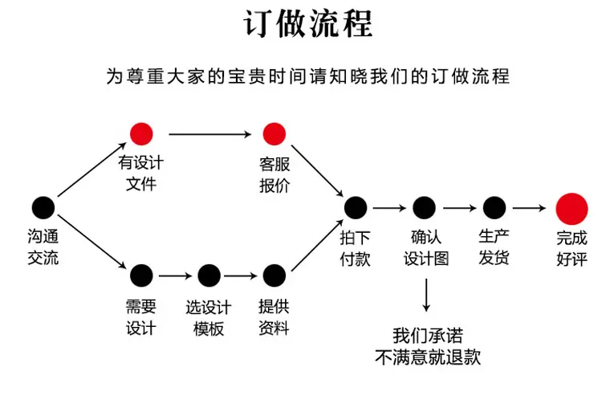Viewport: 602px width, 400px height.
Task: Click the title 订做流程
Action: (x=308, y=24)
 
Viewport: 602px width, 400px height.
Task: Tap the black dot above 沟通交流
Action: (x=43, y=208)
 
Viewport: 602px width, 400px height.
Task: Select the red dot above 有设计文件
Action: (x=141, y=134)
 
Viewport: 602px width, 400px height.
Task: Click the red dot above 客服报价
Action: (x=275, y=134)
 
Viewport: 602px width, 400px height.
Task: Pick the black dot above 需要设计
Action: (x=141, y=276)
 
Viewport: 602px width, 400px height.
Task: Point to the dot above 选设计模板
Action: (x=209, y=276)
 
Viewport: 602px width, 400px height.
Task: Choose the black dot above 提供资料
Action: (x=275, y=276)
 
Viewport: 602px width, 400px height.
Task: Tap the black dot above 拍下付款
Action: (x=356, y=208)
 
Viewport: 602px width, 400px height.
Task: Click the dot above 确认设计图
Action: (x=424, y=208)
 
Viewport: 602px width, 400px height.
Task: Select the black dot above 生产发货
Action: (x=494, y=208)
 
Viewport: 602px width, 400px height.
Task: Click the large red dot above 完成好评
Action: (x=571, y=209)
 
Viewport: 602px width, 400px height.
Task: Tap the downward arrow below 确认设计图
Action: (x=426, y=295)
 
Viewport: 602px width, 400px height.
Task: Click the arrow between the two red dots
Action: (x=210, y=134)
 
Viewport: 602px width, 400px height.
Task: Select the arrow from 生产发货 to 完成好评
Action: (x=529, y=208)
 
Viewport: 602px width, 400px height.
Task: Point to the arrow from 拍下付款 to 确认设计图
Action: (x=389, y=208)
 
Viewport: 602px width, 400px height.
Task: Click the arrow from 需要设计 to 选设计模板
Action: (x=175, y=276)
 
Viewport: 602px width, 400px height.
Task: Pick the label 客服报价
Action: (x=275, y=175)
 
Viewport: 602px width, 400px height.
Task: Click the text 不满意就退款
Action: (x=428, y=357)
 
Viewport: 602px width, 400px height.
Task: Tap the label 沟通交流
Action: (x=43, y=247)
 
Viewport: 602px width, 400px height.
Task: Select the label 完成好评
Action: (x=571, y=248)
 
